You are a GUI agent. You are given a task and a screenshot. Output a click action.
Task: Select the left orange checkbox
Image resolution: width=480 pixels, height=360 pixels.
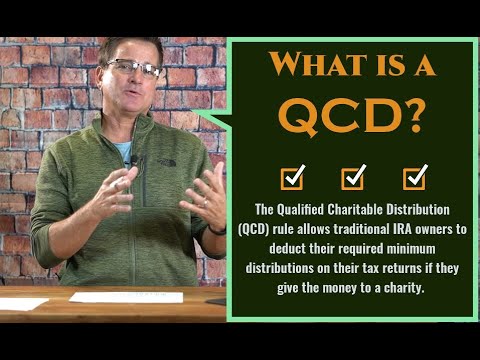[292, 178]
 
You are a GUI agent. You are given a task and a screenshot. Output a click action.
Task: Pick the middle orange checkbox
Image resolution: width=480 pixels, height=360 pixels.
[353, 178]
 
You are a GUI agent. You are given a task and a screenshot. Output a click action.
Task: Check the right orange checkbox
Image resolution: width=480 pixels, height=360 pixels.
[415, 178]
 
